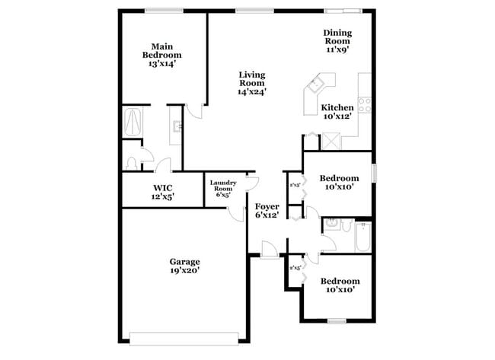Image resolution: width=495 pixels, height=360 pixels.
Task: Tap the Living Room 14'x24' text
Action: [251, 83]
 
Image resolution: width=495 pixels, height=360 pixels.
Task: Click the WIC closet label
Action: [162, 192]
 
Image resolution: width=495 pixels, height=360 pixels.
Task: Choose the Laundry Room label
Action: [223, 188]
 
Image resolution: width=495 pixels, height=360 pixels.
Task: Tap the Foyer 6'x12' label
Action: [267, 210]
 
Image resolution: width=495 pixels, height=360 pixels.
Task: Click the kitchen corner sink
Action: [319, 82]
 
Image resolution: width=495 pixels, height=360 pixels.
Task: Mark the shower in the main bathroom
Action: [133, 122]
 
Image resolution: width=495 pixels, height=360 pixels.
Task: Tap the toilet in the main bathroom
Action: [132, 161]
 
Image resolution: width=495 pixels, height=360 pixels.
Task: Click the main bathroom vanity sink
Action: [176, 126]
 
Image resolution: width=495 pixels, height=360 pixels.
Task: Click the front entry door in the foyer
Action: [269, 249]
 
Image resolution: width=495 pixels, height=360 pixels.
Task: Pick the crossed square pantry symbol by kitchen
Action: [332, 140]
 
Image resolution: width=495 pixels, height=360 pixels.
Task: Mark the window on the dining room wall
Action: [341, 11]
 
